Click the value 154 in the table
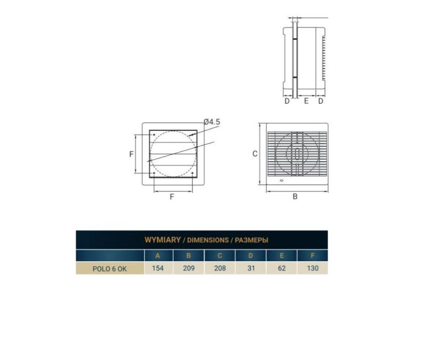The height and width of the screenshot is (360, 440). click(x=158, y=268)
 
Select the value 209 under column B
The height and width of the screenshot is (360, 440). click(x=189, y=268)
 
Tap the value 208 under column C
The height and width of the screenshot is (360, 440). click(x=220, y=268)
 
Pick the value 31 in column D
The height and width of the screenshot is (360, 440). click(x=251, y=268)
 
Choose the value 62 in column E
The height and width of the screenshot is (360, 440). click(x=282, y=268)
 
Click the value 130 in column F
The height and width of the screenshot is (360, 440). click(x=313, y=268)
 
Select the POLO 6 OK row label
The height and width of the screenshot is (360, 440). click(x=110, y=269)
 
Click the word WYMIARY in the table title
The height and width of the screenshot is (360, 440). click(x=163, y=240)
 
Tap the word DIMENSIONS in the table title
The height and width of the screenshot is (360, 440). click(x=208, y=240)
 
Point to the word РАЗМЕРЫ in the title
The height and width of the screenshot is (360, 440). click(x=252, y=240)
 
